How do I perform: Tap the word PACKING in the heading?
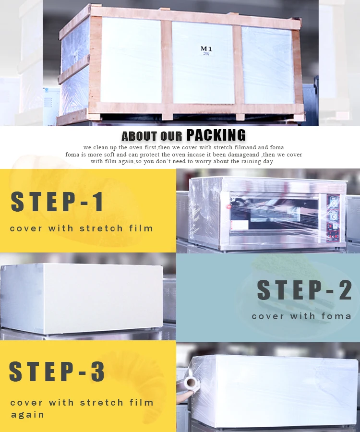click(216, 135)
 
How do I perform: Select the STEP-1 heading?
click(57, 202)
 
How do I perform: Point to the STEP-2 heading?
click(304, 289)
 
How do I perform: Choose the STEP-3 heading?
click(57, 371)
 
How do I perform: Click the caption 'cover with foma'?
click(301, 316)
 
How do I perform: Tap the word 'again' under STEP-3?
click(27, 415)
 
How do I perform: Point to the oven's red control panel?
click(333, 218)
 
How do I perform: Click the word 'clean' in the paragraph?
click(100, 147)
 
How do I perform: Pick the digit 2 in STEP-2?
click(346, 289)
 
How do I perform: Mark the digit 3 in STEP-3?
click(98, 371)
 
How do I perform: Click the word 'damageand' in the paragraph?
click(243, 155)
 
